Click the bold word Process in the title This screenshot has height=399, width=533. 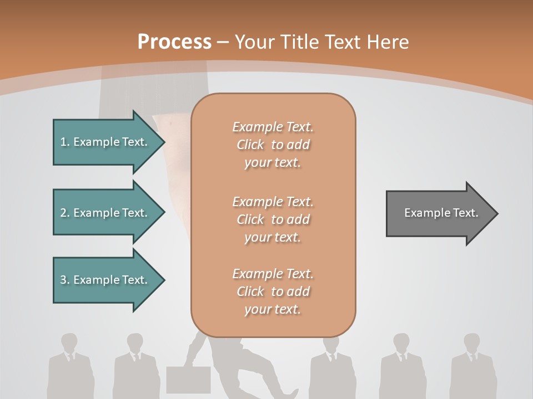tap(174, 42)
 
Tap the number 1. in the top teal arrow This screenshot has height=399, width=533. tap(64, 142)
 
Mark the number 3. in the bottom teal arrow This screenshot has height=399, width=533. tap(64, 280)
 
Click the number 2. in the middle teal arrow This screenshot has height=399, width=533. tap(64, 213)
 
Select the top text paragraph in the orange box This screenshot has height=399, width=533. tap(273, 145)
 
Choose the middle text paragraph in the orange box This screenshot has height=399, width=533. tap(273, 219)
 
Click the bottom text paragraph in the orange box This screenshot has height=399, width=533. tap(273, 291)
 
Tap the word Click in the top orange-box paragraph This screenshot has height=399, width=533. tap(250, 145)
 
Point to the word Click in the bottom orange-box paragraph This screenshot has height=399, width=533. tap(250, 291)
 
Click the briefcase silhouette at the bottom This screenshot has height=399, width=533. tap(188, 380)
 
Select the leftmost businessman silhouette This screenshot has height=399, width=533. tap(69, 366)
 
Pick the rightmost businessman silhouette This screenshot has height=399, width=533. tap(472, 366)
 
